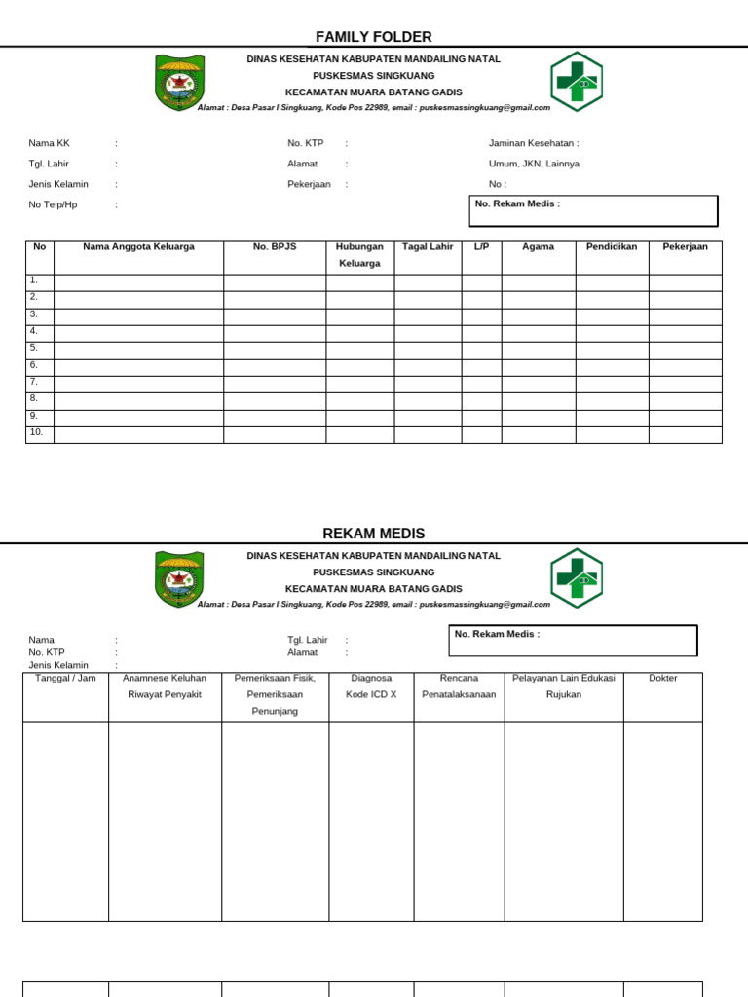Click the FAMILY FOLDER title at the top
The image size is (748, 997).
373,37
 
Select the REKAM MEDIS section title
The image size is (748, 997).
373,534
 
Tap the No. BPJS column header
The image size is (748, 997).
274,247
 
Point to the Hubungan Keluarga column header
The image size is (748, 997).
358,255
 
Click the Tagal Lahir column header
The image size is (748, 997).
428,247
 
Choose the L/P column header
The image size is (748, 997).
481,247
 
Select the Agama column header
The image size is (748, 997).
538,247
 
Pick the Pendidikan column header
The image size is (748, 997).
612,247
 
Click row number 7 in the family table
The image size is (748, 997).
34,382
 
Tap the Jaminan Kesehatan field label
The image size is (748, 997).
534,143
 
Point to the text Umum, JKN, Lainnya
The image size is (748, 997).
534,164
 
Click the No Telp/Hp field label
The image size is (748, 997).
53,204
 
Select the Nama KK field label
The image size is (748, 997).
49,143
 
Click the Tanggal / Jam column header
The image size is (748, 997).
65,679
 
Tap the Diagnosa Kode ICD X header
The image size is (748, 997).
371,686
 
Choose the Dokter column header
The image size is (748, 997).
662,679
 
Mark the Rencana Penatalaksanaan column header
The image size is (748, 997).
459,686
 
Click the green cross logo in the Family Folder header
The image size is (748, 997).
577,82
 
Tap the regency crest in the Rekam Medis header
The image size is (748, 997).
179,578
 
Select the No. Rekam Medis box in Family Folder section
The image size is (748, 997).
593,210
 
